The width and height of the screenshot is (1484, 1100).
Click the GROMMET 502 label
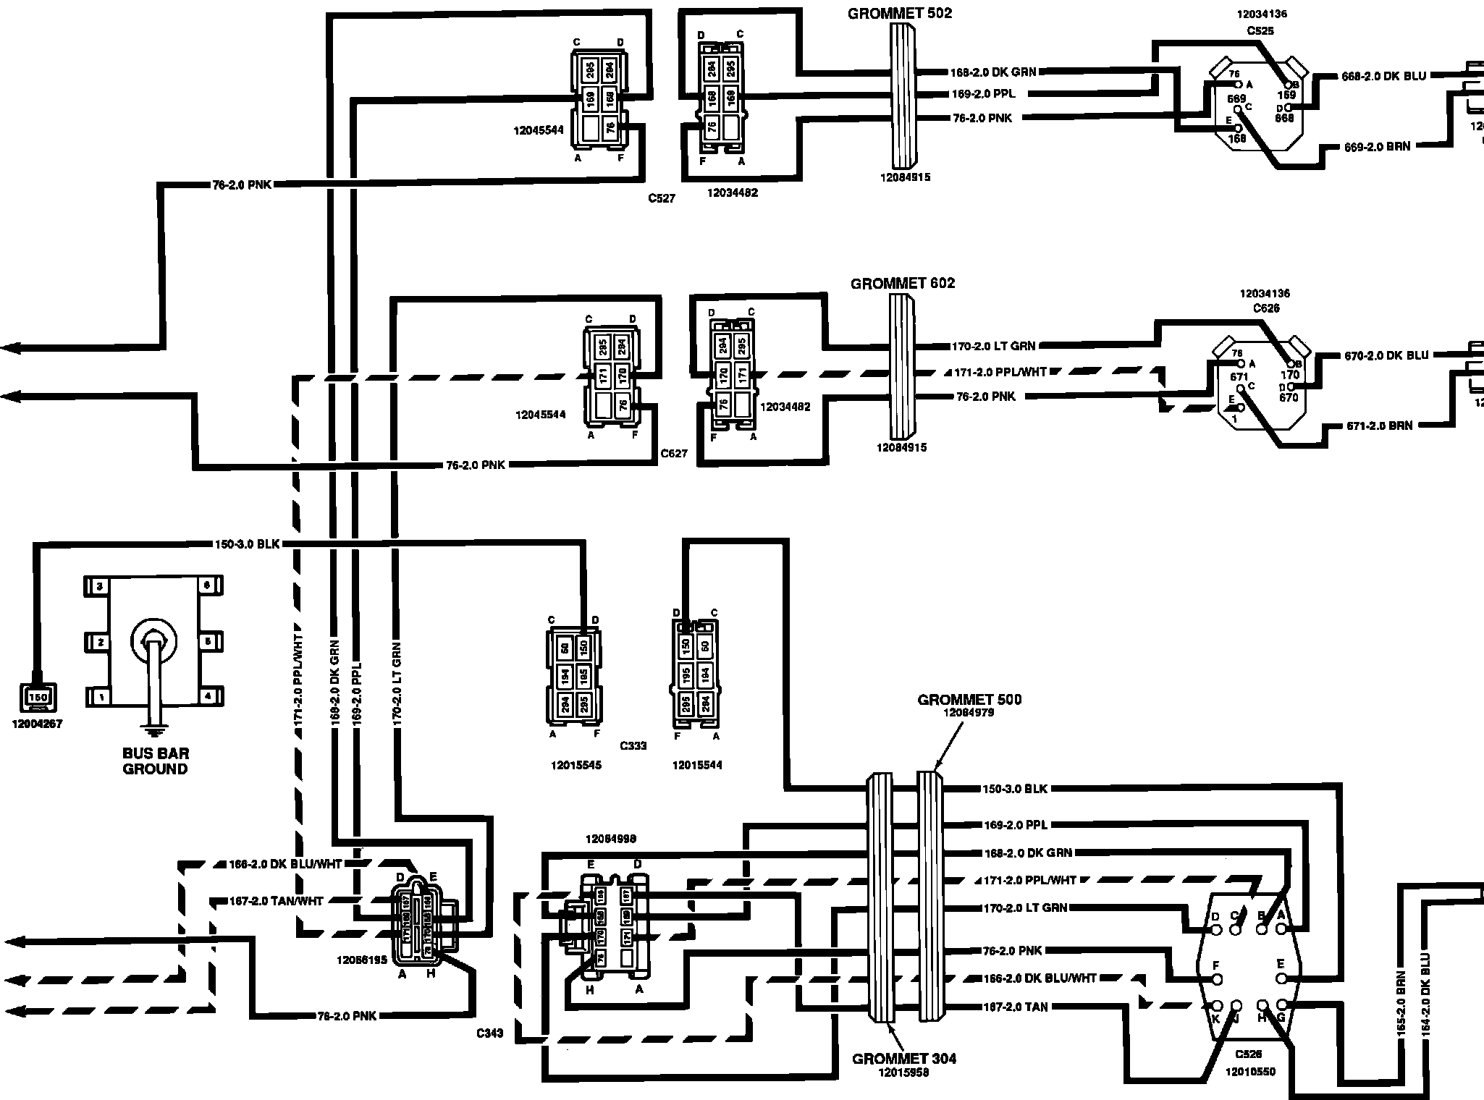pyautogui.click(x=900, y=13)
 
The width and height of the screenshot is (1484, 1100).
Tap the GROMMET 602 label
pyautogui.click(x=903, y=284)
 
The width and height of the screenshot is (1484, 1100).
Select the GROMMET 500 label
pyautogui.click(x=969, y=700)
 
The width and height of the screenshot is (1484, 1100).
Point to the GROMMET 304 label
pyautogui.click(x=904, y=1059)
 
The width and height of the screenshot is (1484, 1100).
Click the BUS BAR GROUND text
pyautogui.click(x=155, y=761)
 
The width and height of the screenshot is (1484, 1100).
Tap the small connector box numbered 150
pyautogui.click(x=37, y=697)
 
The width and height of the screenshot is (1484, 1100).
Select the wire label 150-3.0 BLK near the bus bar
pyautogui.click(x=247, y=544)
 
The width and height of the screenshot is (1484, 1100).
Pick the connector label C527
pyautogui.click(x=662, y=198)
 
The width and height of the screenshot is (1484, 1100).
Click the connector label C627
pyautogui.click(x=673, y=454)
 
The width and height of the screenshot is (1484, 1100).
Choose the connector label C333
pyautogui.click(x=633, y=745)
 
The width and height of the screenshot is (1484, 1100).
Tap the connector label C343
pyautogui.click(x=491, y=1033)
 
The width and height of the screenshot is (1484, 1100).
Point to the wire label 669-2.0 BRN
pyautogui.click(x=1377, y=147)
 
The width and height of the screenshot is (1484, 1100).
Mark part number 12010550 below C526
pyautogui.click(x=1250, y=1072)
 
